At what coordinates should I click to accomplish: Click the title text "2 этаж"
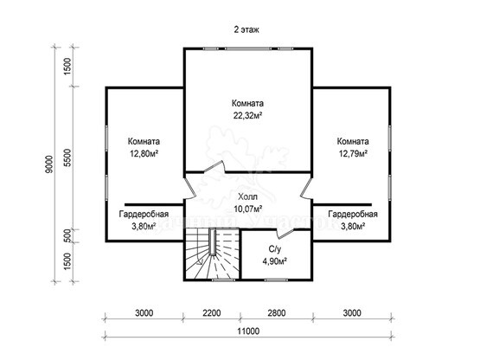[x=246, y=29]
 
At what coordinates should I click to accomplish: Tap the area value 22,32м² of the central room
[x=248, y=115]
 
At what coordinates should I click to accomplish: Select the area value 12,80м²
[x=144, y=153]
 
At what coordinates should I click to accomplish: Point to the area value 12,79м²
[x=353, y=153]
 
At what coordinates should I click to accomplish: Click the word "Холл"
[x=247, y=196]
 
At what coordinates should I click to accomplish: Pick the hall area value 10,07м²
[x=247, y=209]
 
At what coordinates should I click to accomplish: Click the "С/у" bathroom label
[x=274, y=250]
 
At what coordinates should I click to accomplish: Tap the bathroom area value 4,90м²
[x=274, y=261]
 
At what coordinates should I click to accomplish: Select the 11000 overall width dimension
[x=248, y=331]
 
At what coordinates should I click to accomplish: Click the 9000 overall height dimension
[x=49, y=164]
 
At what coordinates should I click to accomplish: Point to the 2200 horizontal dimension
[x=212, y=312]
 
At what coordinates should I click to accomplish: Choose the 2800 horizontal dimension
[x=277, y=312]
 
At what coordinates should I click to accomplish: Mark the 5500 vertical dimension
[x=67, y=157]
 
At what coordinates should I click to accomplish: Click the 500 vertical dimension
[x=68, y=235]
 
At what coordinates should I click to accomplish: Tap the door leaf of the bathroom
[x=285, y=234]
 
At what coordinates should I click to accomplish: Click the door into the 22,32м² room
[x=214, y=167]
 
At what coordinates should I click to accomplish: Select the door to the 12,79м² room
[x=306, y=188]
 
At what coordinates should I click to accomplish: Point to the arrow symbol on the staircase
[x=201, y=261]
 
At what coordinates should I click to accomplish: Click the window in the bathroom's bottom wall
[x=276, y=280]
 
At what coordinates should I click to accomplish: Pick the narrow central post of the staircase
[x=213, y=242]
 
